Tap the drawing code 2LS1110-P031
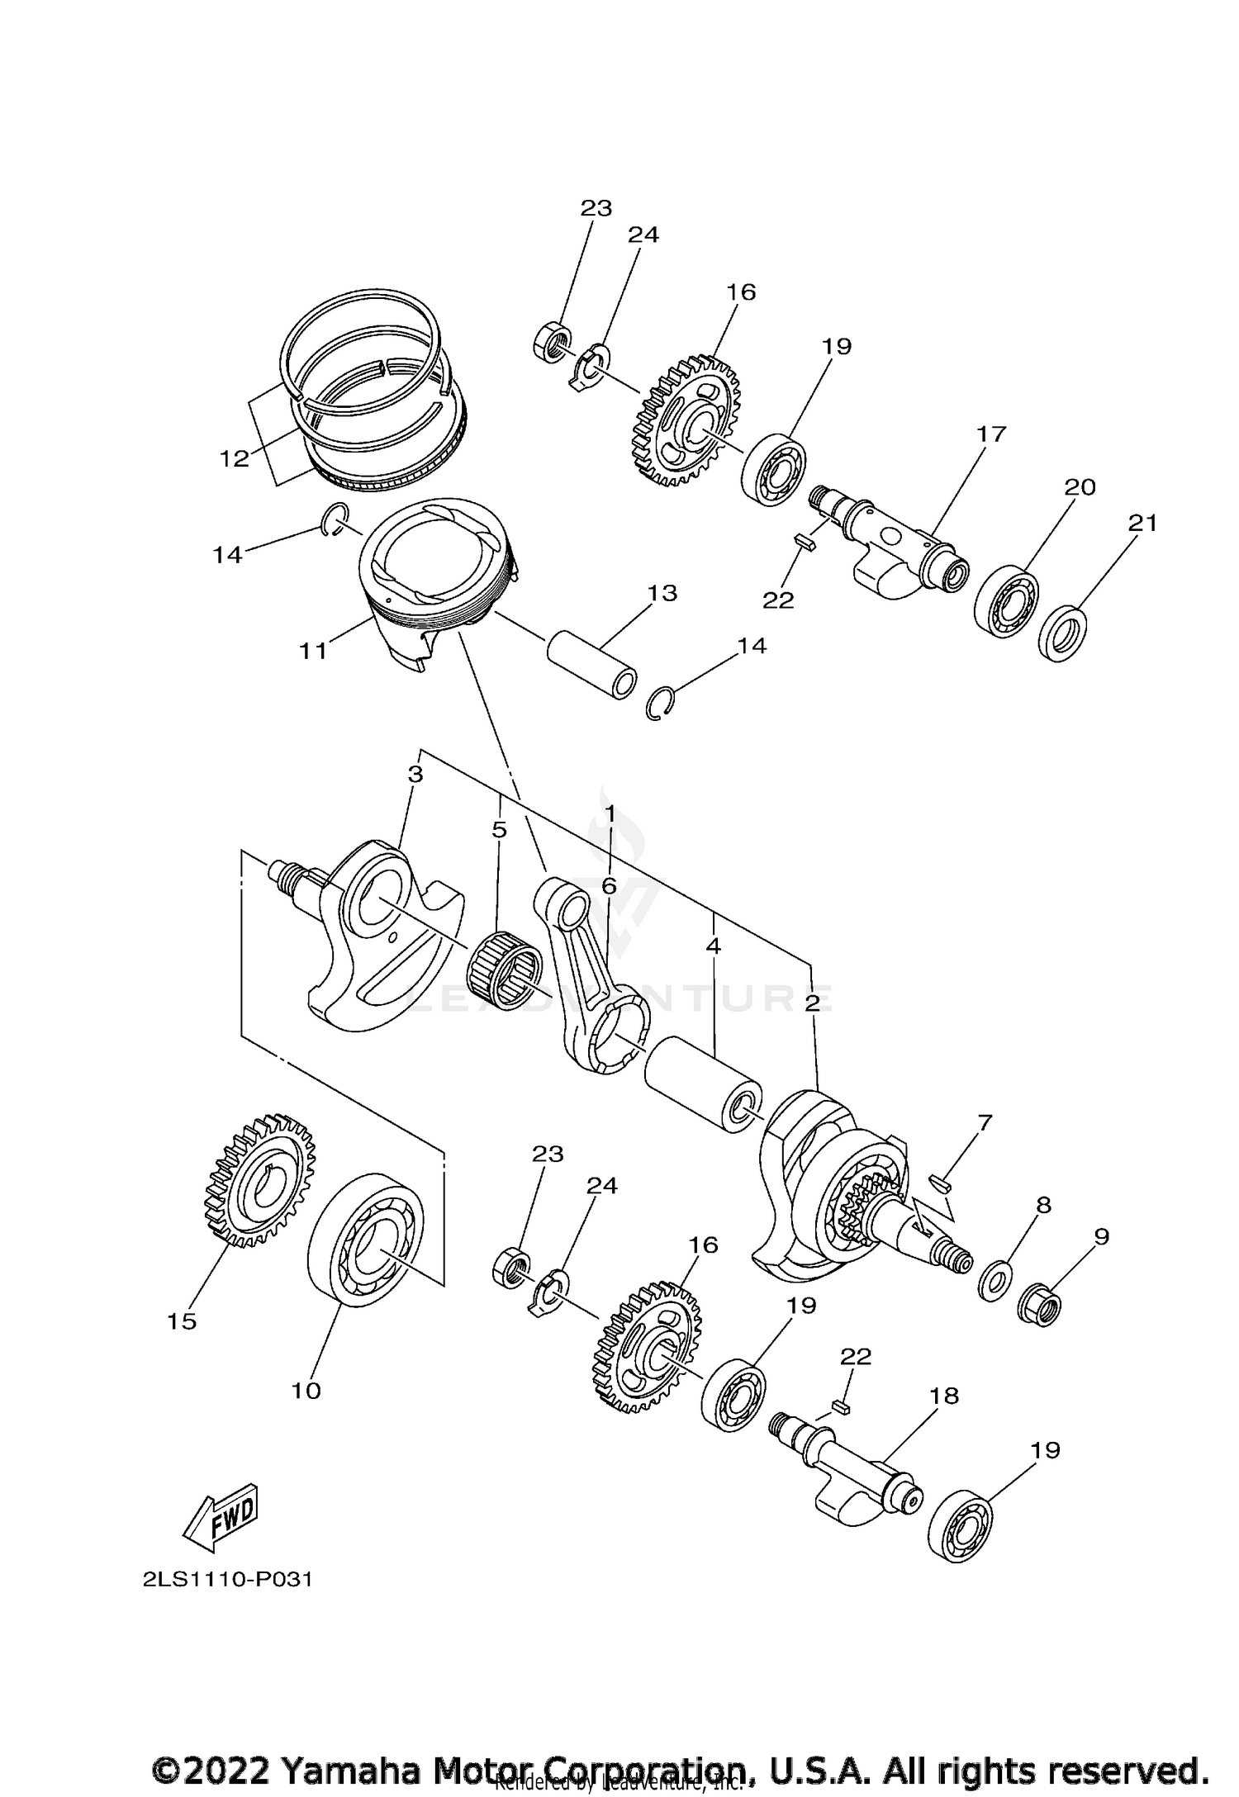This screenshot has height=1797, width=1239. (227, 1580)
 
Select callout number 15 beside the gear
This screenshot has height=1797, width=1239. (182, 1321)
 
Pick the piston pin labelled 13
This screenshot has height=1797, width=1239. (591, 664)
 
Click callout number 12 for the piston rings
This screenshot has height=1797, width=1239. (235, 458)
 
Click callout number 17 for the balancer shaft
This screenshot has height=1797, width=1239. (991, 434)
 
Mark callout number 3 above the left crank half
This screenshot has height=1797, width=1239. (415, 775)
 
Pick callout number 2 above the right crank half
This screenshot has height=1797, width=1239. (813, 1002)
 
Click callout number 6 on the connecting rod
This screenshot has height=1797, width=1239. (609, 886)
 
